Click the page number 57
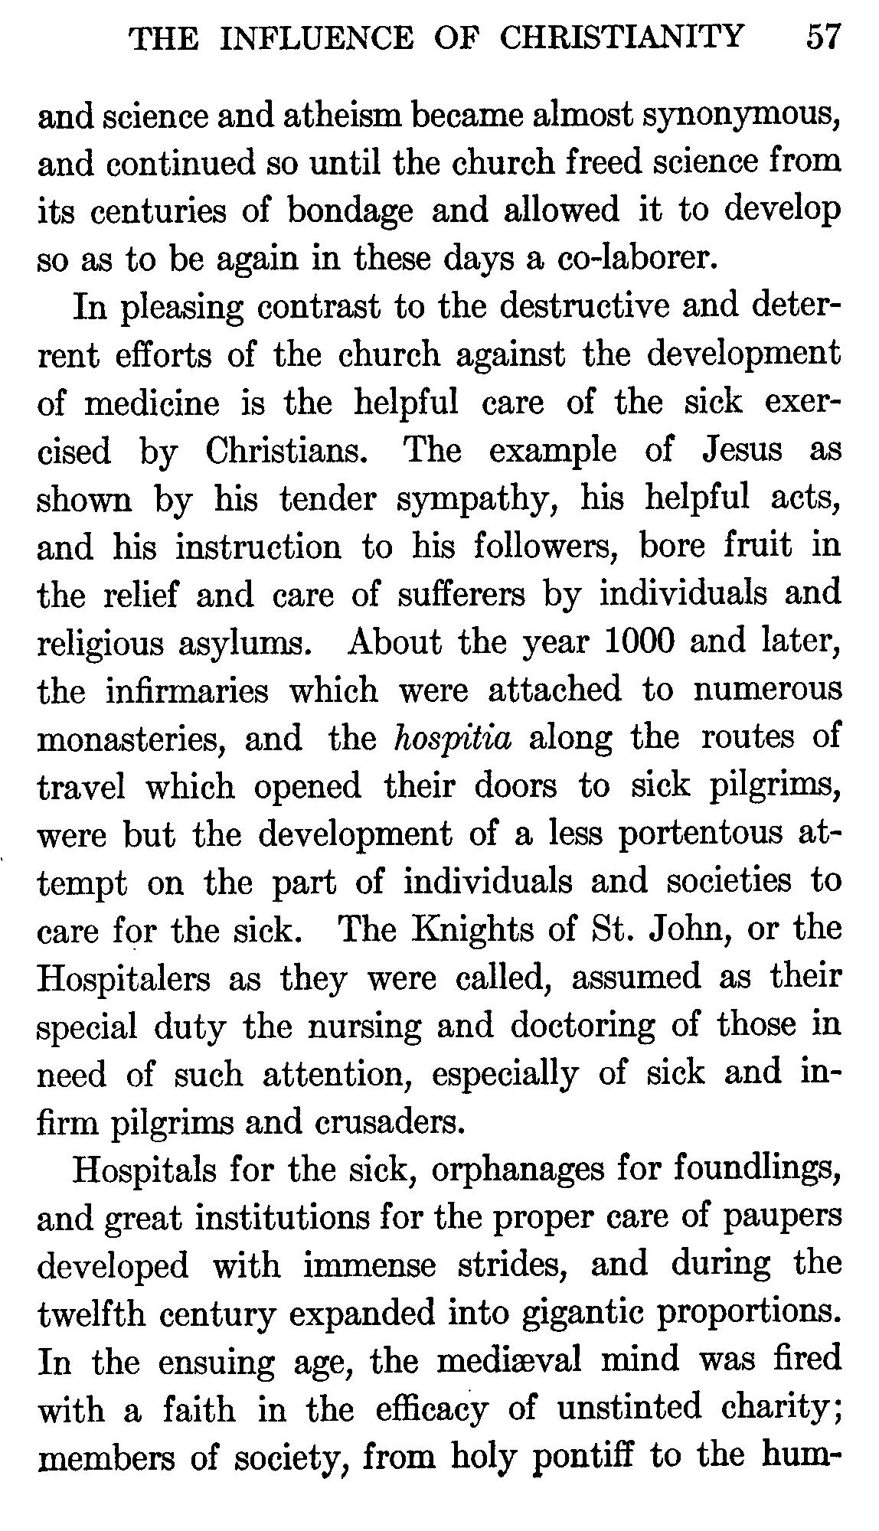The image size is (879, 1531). [x=824, y=37]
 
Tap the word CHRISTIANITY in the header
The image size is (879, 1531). [x=621, y=37]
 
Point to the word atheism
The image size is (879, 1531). [x=350, y=116]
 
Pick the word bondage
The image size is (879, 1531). [x=349, y=212]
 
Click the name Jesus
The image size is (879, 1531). [x=742, y=449]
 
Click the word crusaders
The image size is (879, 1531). [x=390, y=1121]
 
